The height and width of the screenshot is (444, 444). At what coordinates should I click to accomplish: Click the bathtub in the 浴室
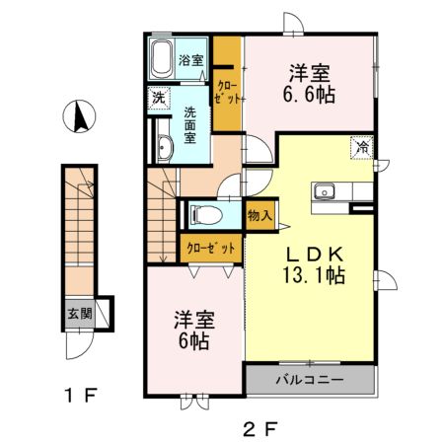(162, 59)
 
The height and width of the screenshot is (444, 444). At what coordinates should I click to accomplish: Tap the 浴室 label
(191, 60)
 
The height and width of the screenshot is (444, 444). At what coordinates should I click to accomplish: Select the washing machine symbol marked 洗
(159, 98)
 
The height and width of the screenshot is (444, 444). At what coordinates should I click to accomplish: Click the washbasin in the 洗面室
(165, 149)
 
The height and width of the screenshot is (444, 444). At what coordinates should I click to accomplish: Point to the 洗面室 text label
(189, 125)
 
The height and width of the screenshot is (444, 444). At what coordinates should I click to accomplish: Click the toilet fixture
(206, 215)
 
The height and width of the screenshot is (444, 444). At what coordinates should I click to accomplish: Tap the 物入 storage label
(259, 216)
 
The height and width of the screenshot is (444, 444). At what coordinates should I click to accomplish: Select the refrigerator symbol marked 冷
(362, 148)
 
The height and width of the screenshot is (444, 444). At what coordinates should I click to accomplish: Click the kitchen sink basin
(324, 191)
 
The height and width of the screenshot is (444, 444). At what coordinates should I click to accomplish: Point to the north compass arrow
(80, 116)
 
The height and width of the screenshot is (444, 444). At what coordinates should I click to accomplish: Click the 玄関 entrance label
(80, 314)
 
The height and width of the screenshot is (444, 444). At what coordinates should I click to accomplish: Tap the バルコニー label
(310, 380)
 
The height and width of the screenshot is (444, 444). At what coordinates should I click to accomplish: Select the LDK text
(315, 255)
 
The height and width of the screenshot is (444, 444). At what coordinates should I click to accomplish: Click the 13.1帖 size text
(314, 275)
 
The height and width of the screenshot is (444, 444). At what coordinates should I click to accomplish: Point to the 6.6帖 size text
(309, 95)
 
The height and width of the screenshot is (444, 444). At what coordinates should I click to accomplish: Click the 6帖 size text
(194, 340)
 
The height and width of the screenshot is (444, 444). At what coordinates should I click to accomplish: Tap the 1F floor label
(81, 395)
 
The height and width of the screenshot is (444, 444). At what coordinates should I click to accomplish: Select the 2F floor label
(260, 429)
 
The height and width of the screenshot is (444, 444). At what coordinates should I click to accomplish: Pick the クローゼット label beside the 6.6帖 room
(227, 93)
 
